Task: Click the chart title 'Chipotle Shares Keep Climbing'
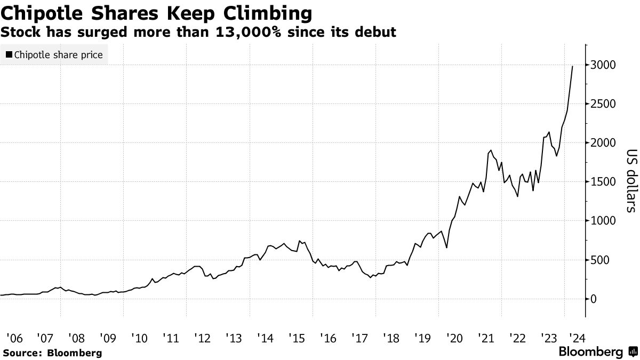tap(157, 13)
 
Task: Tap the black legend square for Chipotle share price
tap(9, 54)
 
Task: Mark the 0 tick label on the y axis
tap(593, 299)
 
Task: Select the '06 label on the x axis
tap(14, 338)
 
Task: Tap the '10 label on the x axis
tap(139, 338)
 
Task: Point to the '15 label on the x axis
tap(297, 338)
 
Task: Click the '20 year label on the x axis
tap(454, 338)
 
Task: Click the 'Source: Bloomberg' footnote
tap(52, 353)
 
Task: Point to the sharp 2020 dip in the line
tap(446, 247)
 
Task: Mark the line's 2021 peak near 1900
tap(491, 150)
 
